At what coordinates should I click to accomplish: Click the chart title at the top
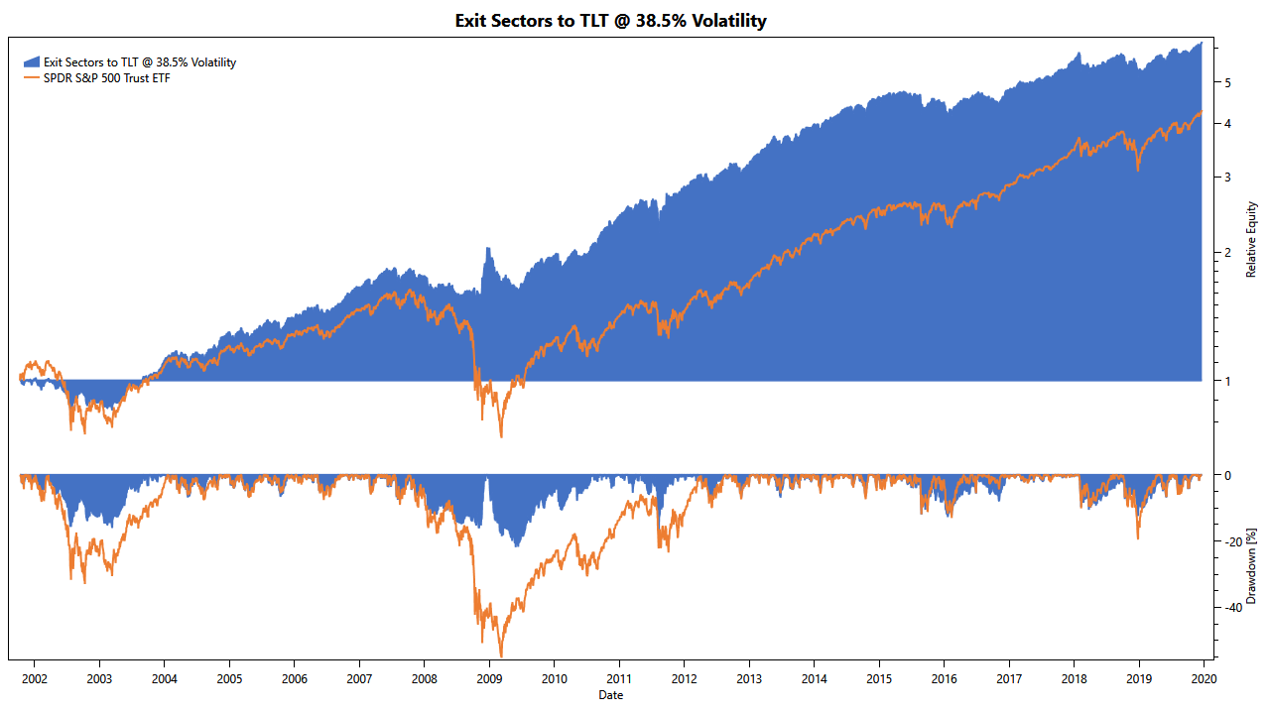coord(610,20)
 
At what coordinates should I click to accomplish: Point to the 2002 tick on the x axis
coord(34,679)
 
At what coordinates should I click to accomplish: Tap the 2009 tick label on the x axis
coord(489,679)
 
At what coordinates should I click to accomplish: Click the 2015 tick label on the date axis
coord(879,679)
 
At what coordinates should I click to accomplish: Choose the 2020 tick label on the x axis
coord(1204,679)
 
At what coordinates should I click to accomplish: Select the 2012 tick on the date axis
coord(684,679)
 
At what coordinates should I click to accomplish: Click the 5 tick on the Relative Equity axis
coord(1228,83)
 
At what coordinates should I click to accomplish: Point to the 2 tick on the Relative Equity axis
coord(1228,253)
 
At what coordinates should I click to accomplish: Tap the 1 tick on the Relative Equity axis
coord(1228,382)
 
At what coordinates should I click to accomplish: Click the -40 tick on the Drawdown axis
coord(1231,607)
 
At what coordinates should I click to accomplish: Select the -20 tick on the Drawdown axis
coord(1231,541)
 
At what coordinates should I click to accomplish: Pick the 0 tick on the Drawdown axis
coord(1228,476)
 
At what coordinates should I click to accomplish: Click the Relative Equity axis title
coord(1252,239)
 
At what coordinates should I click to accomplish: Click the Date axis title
coord(610,695)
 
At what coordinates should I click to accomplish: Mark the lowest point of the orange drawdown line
coord(501,655)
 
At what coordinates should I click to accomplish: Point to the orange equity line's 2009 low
coord(501,436)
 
